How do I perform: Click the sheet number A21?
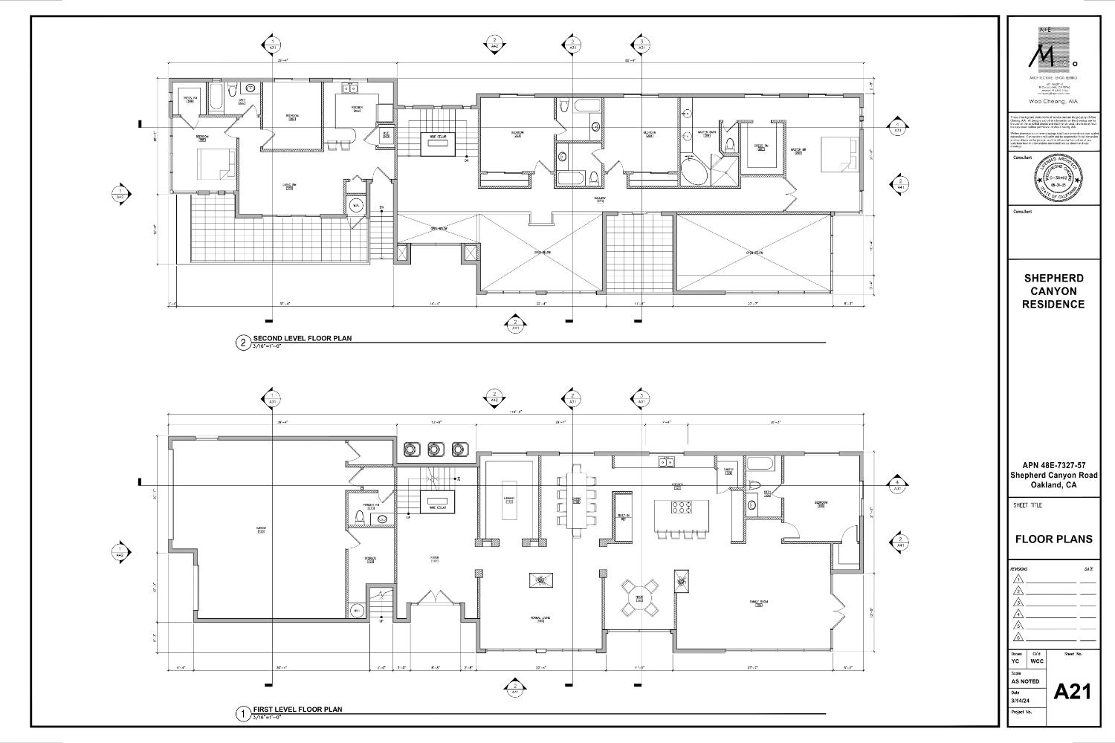[x=1073, y=692]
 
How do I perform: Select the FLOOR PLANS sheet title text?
[x=1053, y=539]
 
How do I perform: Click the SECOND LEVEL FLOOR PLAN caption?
[x=302, y=339]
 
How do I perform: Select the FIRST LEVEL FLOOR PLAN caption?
[x=297, y=710]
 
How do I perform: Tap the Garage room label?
[x=261, y=530]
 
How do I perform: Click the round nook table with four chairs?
[x=639, y=597]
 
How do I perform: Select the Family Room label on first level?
[x=758, y=603]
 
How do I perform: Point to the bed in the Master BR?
[x=838, y=155]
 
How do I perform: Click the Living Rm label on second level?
[x=289, y=186]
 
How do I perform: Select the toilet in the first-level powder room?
[x=360, y=516]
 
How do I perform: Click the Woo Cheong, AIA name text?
[x=1053, y=101]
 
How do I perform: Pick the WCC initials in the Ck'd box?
[x=1036, y=661]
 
